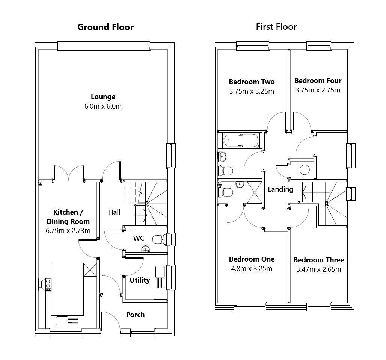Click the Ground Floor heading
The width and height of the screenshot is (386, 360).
[x=105, y=27]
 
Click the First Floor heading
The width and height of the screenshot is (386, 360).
[x=276, y=27]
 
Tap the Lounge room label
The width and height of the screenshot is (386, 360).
[x=103, y=97]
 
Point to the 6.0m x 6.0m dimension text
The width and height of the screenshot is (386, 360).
[x=103, y=106]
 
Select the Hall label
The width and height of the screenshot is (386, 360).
[x=114, y=212]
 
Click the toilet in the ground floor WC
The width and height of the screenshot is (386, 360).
[x=159, y=239]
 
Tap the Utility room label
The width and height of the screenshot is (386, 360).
[x=140, y=280]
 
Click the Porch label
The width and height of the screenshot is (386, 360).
[x=135, y=315]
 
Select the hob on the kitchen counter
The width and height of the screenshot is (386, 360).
[x=48, y=284]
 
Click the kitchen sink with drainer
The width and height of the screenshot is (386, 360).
[x=67, y=321]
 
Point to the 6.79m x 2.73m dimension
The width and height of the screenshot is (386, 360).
[x=68, y=231]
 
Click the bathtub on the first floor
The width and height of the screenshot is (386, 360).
[x=241, y=141]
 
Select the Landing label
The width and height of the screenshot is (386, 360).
[x=280, y=189]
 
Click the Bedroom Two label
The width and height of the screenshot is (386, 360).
[x=252, y=82]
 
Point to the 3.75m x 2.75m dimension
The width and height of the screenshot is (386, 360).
[x=317, y=90]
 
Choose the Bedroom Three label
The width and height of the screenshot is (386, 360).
[x=318, y=260]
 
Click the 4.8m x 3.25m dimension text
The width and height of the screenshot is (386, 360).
[x=252, y=269]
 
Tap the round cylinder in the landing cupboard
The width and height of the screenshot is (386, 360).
[x=305, y=170]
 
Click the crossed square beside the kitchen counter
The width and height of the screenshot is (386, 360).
[x=90, y=270]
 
